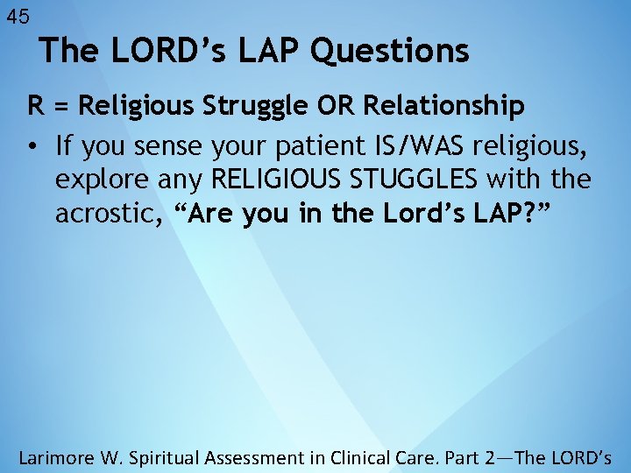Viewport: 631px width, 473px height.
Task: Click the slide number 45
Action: click(18, 16)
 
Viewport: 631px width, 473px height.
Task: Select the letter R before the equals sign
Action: click(36, 106)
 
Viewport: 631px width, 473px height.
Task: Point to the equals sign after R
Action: click(60, 107)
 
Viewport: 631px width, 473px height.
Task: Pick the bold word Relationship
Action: click(443, 107)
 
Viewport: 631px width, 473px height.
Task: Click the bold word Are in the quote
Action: click(210, 215)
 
